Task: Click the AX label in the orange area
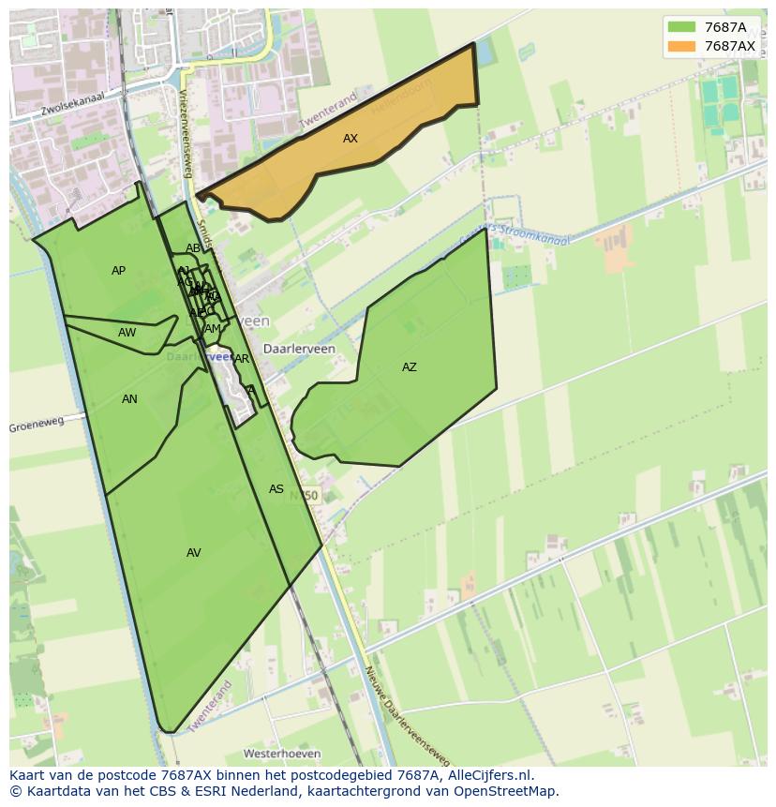pyautogui.click(x=350, y=139)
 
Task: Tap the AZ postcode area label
pyautogui.click(x=409, y=367)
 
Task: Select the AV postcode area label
pyautogui.click(x=193, y=553)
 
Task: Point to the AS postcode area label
pyautogui.click(x=276, y=489)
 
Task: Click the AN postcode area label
pyautogui.click(x=129, y=399)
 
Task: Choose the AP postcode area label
pyautogui.click(x=118, y=271)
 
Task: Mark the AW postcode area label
pyautogui.click(x=127, y=333)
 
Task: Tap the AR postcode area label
pyautogui.click(x=242, y=359)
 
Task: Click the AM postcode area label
pyautogui.click(x=212, y=329)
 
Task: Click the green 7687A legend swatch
pyautogui.click(x=681, y=27)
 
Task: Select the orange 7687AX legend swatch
pyautogui.click(x=681, y=46)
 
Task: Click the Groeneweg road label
pyautogui.click(x=37, y=425)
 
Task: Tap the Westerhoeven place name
pyautogui.click(x=281, y=754)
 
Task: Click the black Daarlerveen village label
pyautogui.click(x=299, y=348)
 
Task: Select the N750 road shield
pyautogui.click(x=304, y=495)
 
